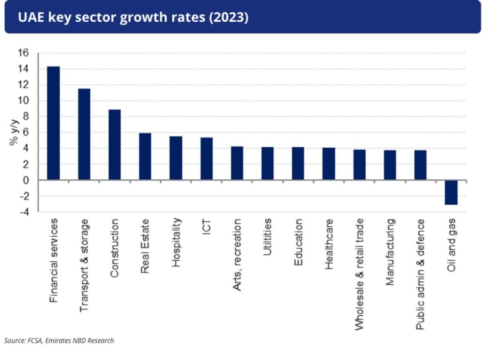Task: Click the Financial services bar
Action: click(x=53, y=123)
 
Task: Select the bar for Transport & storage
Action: click(x=84, y=134)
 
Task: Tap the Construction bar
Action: click(x=114, y=144)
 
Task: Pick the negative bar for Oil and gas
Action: click(x=451, y=192)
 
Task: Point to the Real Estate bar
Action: click(x=145, y=156)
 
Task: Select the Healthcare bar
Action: click(x=329, y=164)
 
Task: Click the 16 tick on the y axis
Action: click(x=24, y=53)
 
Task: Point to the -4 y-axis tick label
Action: click(x=24, y=212)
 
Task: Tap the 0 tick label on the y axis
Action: click(x=26, y=180)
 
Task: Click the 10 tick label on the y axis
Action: click(x=24, y=101)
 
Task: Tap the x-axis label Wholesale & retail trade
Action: click(x=359, y=273)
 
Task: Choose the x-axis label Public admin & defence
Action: click(x=420, y=274)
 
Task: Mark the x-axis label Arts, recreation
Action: click(x=237, y=254)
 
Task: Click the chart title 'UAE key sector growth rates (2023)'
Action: click(x=133, y=17)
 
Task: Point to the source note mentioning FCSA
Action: click(x=59, y=340)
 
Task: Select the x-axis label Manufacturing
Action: click(x=390, y=252)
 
